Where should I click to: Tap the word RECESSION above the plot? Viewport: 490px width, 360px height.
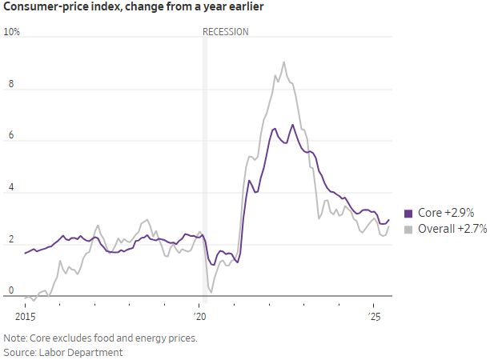coord(225,32)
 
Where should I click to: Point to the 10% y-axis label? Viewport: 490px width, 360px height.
coord(12,33)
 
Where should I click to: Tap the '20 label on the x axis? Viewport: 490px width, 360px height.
coord(199,306)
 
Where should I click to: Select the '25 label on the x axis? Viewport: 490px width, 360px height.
coord(374,306)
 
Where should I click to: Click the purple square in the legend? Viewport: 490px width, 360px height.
coord(408,214)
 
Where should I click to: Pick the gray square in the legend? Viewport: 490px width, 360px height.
coord(408,230)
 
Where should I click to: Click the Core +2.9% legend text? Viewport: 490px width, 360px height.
coord(446,214)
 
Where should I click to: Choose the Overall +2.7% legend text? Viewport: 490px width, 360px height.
coord(452,230)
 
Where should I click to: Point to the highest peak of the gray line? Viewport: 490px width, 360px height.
coord(283,62)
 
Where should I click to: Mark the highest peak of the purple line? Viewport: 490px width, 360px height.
coord(292,125)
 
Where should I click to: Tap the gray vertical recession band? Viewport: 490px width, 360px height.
coord(204,160)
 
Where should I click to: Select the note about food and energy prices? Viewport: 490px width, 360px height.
coord(100,338)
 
